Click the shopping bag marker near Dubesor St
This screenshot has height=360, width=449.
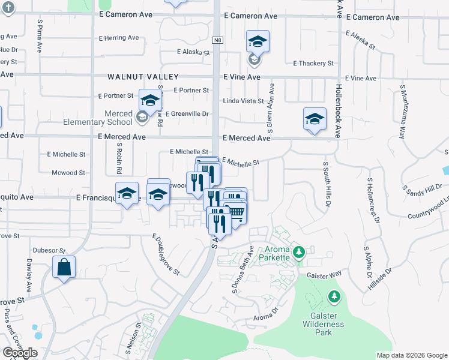point(64,267)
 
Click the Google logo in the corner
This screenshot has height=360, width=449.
point(20,353)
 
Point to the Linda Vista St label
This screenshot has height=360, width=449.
point(243,101)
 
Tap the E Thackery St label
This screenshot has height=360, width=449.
point(313,63)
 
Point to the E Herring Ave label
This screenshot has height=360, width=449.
point(119,38)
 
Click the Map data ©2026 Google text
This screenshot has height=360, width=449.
point(411,355)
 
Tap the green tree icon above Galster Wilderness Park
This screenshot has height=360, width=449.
point(334,296)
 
